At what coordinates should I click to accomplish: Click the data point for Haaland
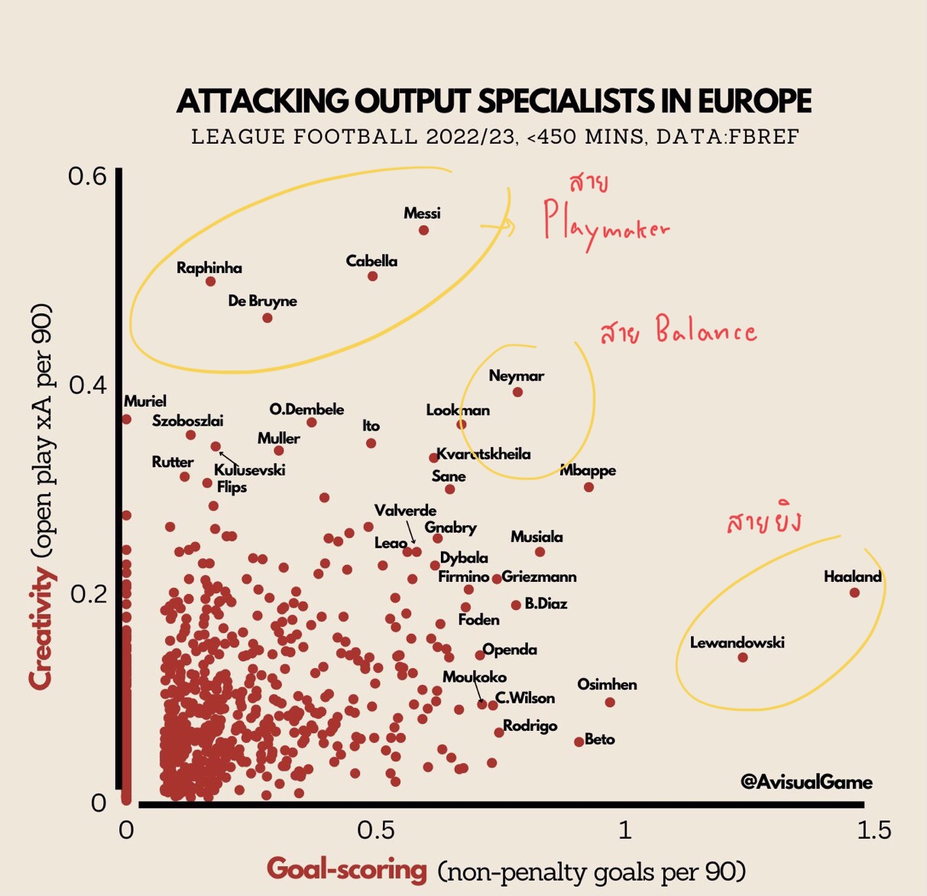pos(854,592)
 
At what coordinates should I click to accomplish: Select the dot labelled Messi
pos(423,230)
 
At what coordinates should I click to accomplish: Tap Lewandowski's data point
pos(743,657)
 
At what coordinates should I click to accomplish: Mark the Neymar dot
pos(517,392)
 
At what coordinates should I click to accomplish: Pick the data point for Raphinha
pos(211,281)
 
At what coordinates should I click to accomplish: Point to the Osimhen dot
pos(610,702)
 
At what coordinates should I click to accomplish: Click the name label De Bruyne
pos(262,301)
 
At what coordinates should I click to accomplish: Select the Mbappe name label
pos(588,470)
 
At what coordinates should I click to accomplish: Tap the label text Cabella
pos(371,261)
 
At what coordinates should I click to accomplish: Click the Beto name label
pos(600,739)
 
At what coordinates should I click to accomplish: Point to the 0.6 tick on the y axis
pos(87,177)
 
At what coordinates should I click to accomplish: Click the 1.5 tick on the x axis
pos(873,830)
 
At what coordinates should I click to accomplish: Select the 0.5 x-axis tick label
pos(376,830)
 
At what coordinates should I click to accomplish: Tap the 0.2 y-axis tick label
pos(87,593)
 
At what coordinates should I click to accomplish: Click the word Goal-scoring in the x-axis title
pos(347,869)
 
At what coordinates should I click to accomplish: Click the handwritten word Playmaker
pos(605,224)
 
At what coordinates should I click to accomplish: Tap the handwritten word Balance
pos(705,332)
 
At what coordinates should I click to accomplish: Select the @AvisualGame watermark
pos(806,782)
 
